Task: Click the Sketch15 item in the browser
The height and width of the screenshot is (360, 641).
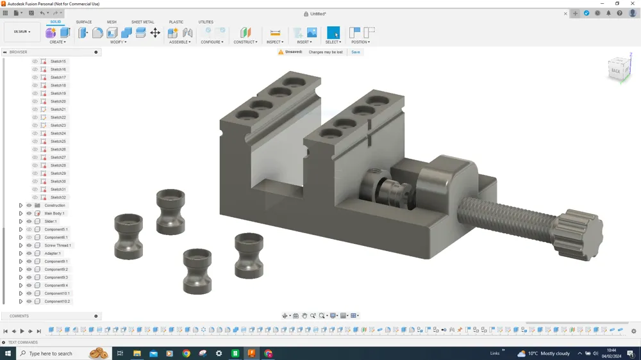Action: point(58,61)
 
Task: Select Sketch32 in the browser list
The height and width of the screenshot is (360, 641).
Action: point(58,197)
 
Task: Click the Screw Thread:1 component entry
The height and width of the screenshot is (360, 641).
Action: point(58,245)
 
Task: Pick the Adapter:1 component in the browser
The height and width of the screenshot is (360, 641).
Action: point(53,254)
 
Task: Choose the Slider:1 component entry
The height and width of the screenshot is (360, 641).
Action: point(51,222)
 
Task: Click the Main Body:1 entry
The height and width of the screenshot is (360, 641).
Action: point(54,213)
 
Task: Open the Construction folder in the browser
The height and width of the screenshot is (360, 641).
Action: point(55,206)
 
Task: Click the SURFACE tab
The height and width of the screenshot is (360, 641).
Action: point(84,22)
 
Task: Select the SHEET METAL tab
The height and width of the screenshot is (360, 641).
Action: point(142,22)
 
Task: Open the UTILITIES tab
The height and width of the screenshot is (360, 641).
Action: point(206,22)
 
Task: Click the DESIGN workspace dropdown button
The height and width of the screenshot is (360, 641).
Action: point(22,32)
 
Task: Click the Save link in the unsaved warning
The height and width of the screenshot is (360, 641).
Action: point(355,53)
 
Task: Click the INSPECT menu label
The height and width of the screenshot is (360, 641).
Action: point(274,42)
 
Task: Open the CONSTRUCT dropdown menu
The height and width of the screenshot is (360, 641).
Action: point(245,42)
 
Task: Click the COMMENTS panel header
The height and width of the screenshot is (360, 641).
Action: point(19,316)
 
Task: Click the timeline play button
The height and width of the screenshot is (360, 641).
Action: point(22,331)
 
